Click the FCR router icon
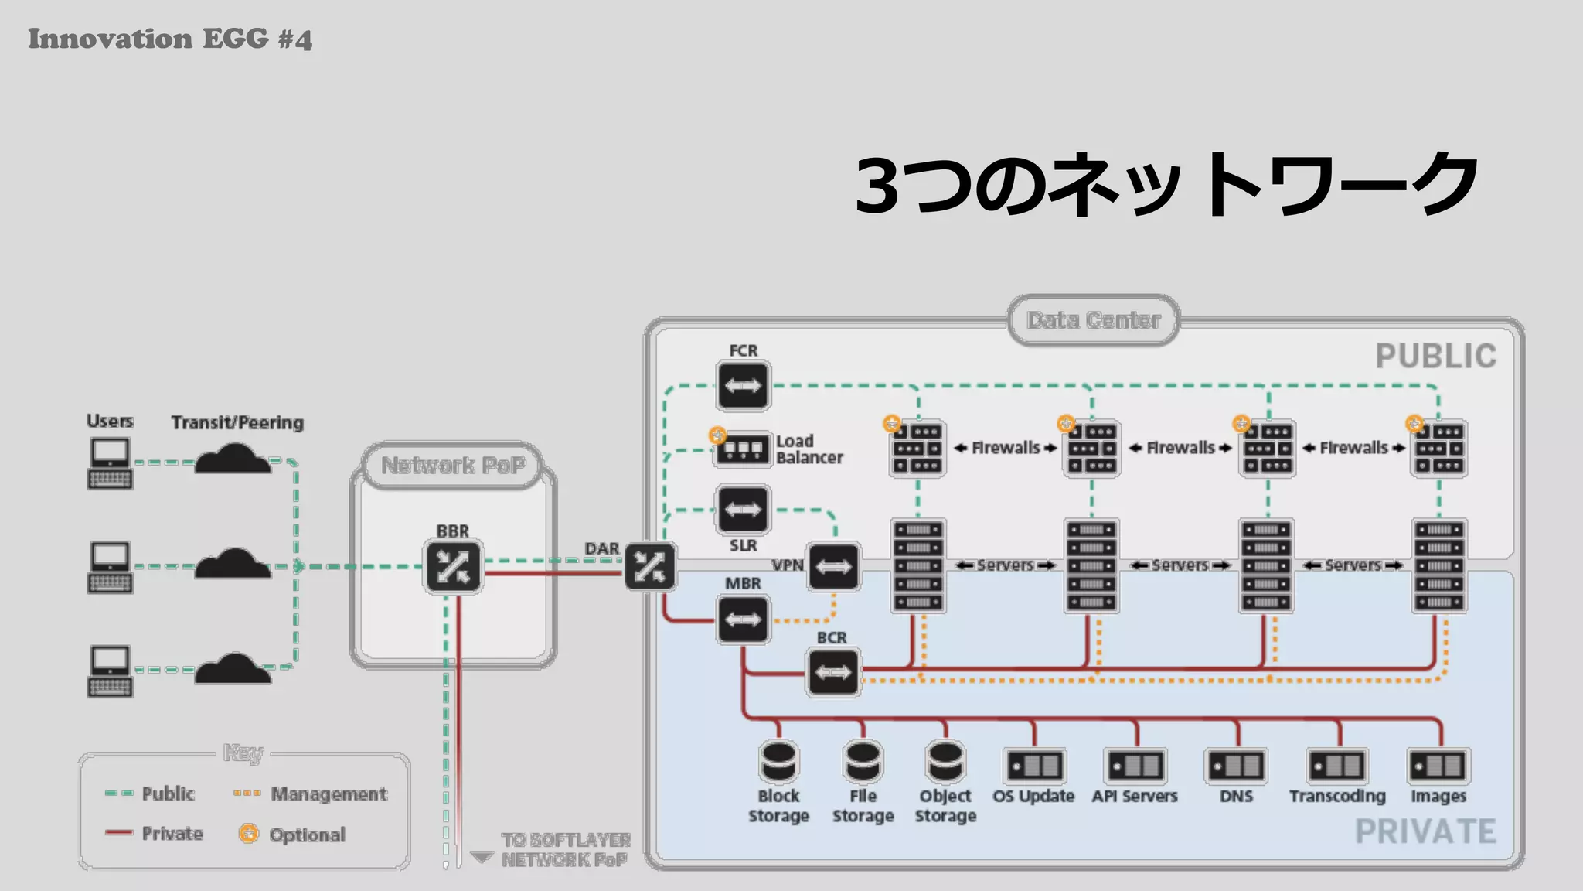[743, 385]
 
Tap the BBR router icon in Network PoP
[453, 567]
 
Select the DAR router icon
[649, 567]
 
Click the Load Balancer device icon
[742, 449]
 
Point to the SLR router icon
[743, 510]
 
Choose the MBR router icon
[743, 620]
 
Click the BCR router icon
[832, 672]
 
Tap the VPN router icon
[833, 567]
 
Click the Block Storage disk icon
[778, 762]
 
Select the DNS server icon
[1236, 766]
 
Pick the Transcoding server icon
[1337, 766]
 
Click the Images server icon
[1438, 766]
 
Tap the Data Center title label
[1093, 320]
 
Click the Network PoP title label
[453, 466]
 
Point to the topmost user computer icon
[110, 463]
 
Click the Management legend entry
[311, 794]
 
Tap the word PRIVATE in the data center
[1425, 832]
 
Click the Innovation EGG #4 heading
[170, 39]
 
